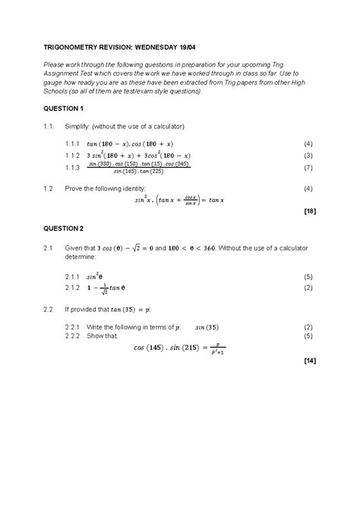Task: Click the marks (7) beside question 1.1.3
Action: [x=308, y=167]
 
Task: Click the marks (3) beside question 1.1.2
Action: [x=308, y=155]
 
